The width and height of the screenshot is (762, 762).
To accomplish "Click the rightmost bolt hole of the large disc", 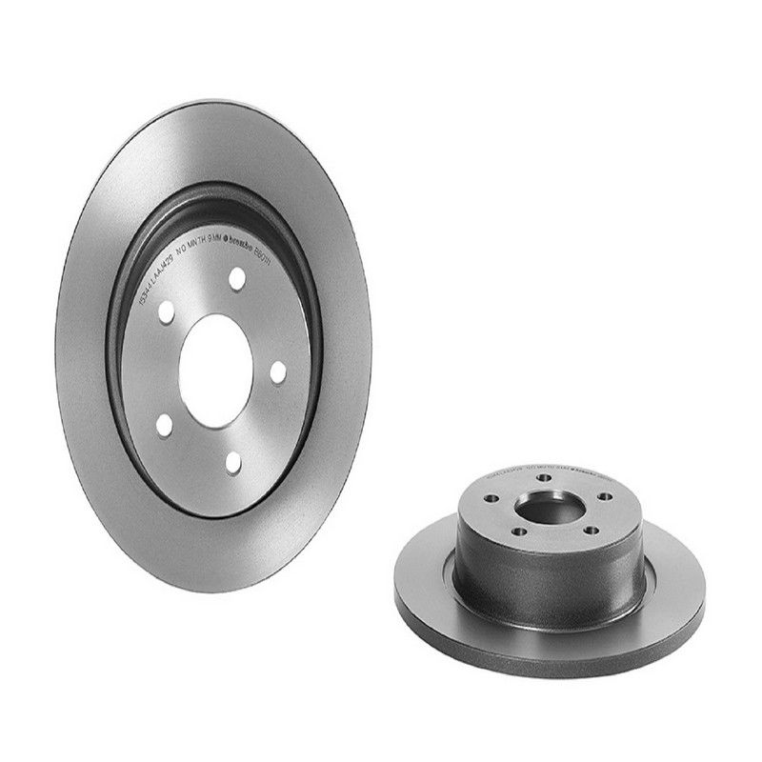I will click(278, 372).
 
